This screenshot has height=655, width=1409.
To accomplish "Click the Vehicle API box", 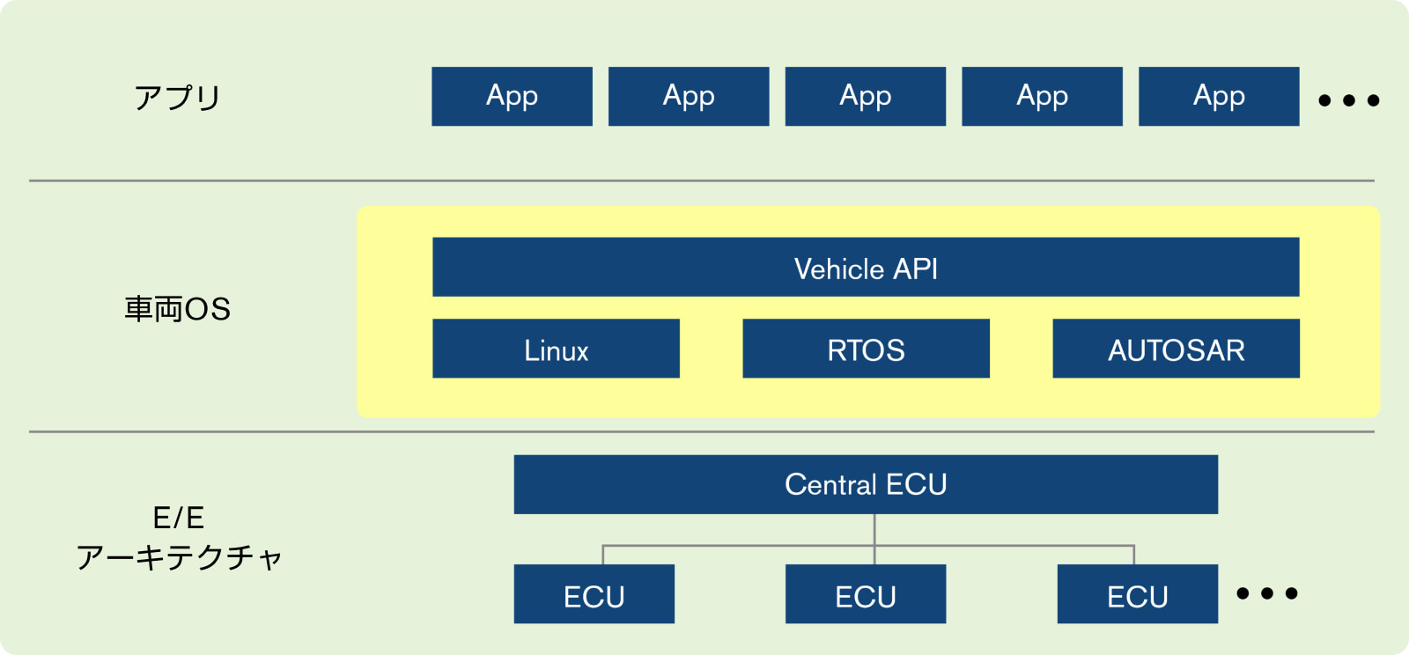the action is click(x=866, y=267).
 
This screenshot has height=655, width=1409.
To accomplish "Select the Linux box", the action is click(x=556, y=349).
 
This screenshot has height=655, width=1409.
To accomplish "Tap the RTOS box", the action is click(x=867, y=349).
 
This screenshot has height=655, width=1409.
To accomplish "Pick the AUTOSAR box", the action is click(x=1177, y=349).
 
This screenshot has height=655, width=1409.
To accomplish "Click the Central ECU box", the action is click(x=866, y=485).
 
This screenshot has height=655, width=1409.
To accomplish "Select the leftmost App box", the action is click(x=512, y=96).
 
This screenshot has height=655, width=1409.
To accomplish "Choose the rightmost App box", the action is click(x=1219, y=96).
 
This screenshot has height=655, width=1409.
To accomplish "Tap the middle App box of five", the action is click(x=866, y=96).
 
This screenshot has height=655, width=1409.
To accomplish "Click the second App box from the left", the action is click(x=689, y=96).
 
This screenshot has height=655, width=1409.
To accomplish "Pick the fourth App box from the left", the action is click(x=1043, y=96).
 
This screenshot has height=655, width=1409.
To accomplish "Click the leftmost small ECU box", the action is click(x=594, y=594).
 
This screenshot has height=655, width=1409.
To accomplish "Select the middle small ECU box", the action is click(x=866, y=594).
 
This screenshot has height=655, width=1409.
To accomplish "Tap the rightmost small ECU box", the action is click(x=1138, y=594).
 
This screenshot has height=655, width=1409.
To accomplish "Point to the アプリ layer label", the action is click(x=177, y=98).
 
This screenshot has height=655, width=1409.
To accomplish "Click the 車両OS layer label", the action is click(x=177, y=309).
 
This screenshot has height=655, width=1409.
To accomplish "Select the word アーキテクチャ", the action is click(x=180, y=557).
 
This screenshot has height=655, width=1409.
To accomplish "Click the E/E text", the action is click(x=179, y=518).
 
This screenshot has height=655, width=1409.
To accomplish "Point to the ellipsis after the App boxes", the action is click(x=1349, y=100).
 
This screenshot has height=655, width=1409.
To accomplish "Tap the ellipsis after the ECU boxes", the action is click(x=1267, y=593).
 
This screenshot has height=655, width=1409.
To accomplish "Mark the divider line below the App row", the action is click(x=701, y=181).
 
